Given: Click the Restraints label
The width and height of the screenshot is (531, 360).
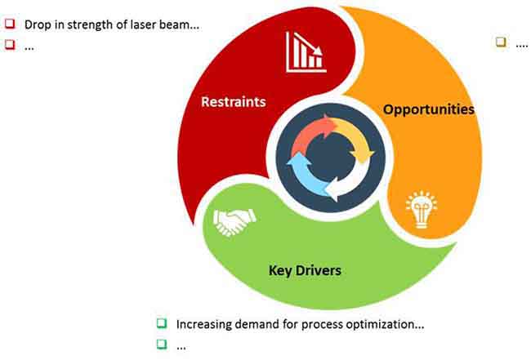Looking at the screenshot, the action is click(234, 102).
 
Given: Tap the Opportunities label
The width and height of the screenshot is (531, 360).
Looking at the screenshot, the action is click(428, 109).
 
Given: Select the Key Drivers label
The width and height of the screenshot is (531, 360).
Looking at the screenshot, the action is click(305, 271).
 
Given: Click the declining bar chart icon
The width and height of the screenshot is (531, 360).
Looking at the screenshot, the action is click(306, 52).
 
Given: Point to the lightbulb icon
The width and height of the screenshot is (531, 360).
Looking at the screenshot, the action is click(422, 210).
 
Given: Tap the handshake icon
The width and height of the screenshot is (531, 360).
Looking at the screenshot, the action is click(234, 222).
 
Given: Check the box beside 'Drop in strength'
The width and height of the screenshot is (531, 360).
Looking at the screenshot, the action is click(10, 24).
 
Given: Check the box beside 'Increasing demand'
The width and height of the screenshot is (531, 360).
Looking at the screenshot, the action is click(162, 323).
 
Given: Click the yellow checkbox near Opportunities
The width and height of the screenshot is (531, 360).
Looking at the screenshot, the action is click(501, 42).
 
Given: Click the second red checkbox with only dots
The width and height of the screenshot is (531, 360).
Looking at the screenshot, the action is click(10, 44).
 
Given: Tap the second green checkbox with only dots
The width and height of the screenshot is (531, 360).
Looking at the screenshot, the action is click(162, 344).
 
